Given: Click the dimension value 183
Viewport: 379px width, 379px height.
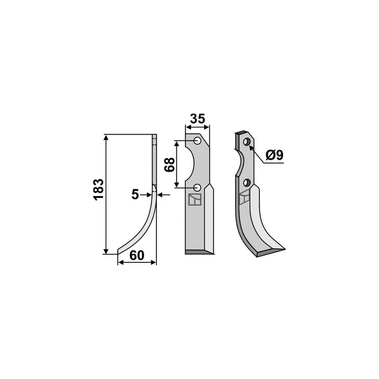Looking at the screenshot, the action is coord(99,189).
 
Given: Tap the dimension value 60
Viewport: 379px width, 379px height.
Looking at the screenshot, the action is coord(137,255).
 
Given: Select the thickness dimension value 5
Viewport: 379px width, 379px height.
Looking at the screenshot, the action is coord(135,194).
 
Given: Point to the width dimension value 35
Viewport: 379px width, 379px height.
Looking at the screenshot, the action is coord(198,119).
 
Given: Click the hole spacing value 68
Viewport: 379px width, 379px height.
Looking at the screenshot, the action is coord(170,164).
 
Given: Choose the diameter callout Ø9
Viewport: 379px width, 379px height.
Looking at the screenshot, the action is coord(274,155).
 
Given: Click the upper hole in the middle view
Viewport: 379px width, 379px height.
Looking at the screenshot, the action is coord(198,141).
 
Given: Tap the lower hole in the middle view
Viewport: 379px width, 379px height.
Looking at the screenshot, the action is coord(198,187).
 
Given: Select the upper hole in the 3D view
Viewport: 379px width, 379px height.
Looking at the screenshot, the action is coord(246,142).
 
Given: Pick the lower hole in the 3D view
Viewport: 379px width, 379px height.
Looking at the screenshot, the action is coord(246,183).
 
